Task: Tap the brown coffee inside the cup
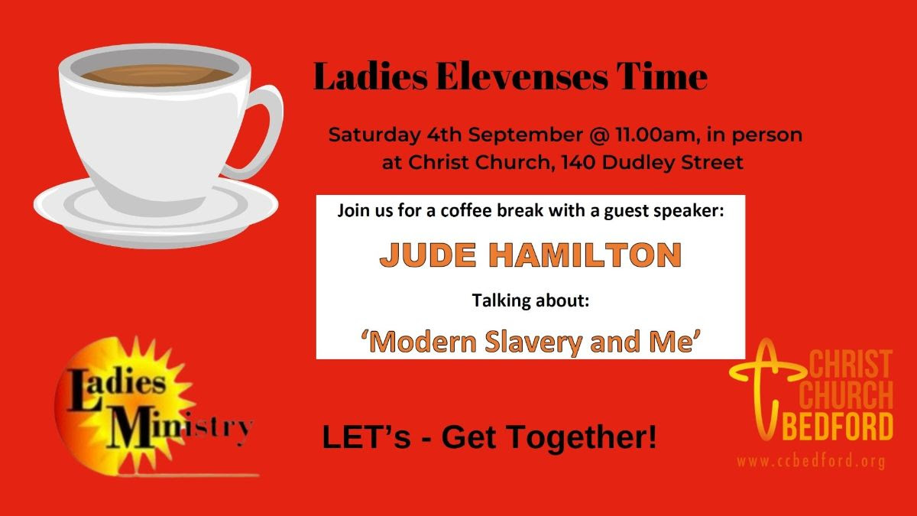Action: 156,75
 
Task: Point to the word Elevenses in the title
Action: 522,76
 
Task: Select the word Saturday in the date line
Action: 374,135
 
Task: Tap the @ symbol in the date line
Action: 599,135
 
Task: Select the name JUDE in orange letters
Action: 428,255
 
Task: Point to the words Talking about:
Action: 530,300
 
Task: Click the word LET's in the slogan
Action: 366,436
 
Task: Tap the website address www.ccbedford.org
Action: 811,462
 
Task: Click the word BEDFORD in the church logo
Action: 840,426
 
